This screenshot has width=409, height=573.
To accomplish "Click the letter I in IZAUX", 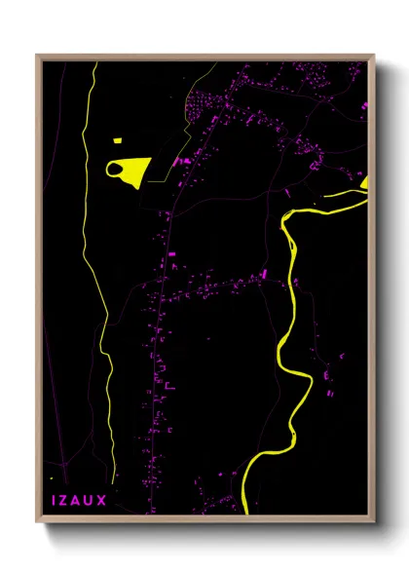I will (54, 500).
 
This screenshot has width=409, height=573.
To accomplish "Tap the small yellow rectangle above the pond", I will (117, 141).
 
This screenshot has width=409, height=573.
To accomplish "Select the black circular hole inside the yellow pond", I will (117, 171).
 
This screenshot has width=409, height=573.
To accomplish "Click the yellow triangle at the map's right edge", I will (364, 182).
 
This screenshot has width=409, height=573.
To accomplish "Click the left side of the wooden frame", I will (39, 292).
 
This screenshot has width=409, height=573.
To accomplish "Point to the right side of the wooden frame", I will (371, 292).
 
